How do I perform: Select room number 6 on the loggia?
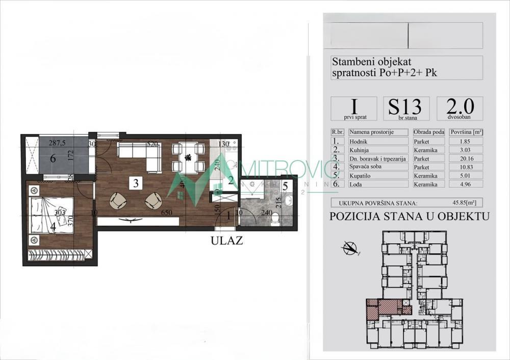point(53,159)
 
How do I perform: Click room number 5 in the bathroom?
point(285,186)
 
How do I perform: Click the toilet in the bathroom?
point(276,219)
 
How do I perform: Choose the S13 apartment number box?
point(406,109)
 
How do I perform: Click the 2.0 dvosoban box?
point(460,109)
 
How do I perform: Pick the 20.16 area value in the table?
point(466,158)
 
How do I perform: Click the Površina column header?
point(466,132)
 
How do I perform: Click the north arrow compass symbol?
point(350,248)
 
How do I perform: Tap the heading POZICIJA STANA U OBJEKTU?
point(410,216)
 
